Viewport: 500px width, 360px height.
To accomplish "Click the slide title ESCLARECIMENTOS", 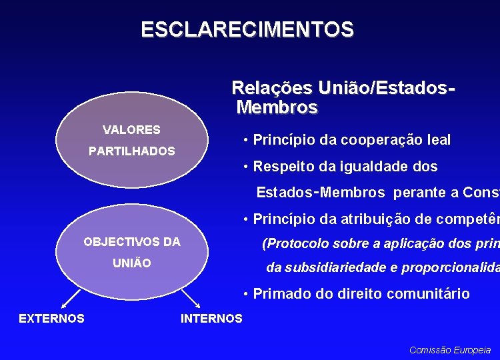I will [247, 30].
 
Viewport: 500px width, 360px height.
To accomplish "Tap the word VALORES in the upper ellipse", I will [131, 129].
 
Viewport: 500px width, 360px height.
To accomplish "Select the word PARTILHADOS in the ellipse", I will [132, 151].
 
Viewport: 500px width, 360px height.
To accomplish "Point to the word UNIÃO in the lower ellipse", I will [132, 263].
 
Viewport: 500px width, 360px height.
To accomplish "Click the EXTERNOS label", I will [51, 318].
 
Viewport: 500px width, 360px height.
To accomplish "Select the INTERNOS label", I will [211, 318].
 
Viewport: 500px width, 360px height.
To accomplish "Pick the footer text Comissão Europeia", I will [450, 349].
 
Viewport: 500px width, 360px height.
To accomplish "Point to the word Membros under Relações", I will [277, 107].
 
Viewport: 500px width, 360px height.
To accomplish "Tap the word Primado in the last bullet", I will [283, 293].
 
